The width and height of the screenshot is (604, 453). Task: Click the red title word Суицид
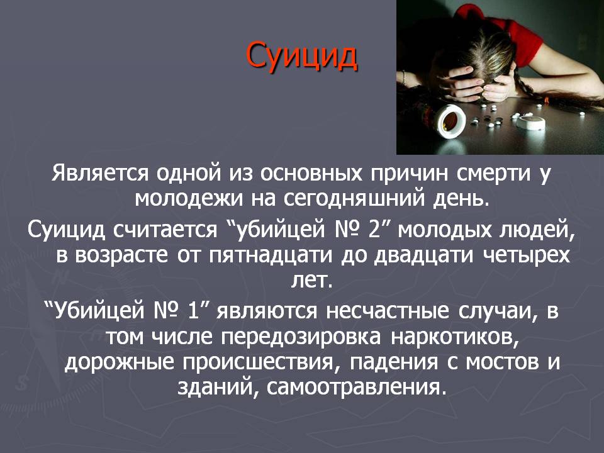[x=301, y=57]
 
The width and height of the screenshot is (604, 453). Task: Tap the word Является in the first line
[x=100, y=173]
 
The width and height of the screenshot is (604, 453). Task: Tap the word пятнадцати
[x=271, y=255]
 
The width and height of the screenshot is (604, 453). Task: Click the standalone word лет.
[x=311, y=281]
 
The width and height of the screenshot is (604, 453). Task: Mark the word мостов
[x=502, y=363]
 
